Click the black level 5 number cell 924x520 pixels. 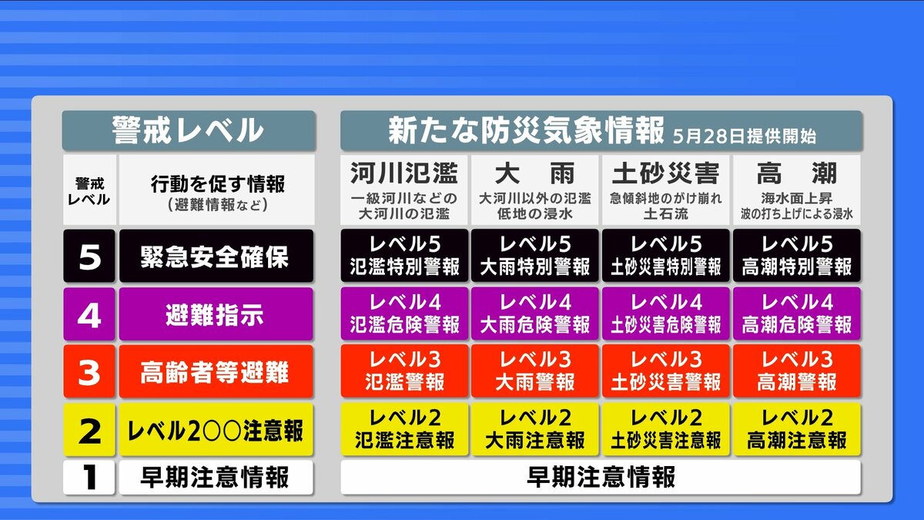pyautogui.click(x=89, y=256)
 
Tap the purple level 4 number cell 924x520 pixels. pyautogui.click(x=89, y=314)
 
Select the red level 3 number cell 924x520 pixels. pyautogui.click(x=89, y=372)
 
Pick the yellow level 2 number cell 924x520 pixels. pyautogui.click(x=89, y=430)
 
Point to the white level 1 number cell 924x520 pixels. pyautogui.click(x=89, y=478)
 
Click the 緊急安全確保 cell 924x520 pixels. pyautogui.click(x=216, y=256)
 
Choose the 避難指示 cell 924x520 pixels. pyautogui.click(x=216, y=314)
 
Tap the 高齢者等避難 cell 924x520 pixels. pyautogui.click(x=216, y=372)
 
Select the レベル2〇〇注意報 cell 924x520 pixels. pyautogui.click(x=216, y=430)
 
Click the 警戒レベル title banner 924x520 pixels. pyautogui.click(x=189, y=130)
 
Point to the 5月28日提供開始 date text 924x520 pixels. pyautogui.click(x=745, y=136)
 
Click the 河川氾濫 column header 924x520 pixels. pyautogui.click(x=404, y=190)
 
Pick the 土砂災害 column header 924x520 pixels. pyautogui.click(x=666, y=190)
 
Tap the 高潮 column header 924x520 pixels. pyautogui.click(x=797, y=190)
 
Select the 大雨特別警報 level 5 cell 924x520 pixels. pyautogui.click(x=535, y=256)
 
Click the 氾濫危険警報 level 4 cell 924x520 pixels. pyautogui.click(x=404, y=314)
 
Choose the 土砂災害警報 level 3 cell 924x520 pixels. pyautogui.click(x=666, y=371)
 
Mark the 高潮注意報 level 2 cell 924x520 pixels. pyautogui.click(x=797, y=430)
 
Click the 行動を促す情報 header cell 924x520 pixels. pyautogui.click(x=217, y=190)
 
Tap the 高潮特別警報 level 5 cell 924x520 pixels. pyautogui.click(x=797, y=256)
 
